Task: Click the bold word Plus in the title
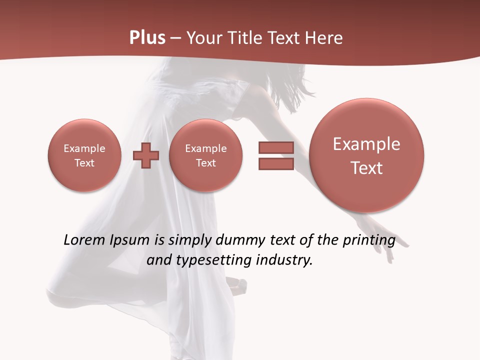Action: tap(147, 38)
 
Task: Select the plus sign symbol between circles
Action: tap(146, 155)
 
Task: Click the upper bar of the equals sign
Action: tap(276, 147)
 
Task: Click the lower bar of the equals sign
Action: tap(276, 163)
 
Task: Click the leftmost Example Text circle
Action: tap(84, 155)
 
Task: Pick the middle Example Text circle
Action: tap(205, 155)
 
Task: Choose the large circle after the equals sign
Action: tap(366, 155)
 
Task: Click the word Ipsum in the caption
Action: tap(130, 240)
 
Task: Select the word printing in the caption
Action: tap(368, 240)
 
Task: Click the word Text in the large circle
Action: tap(366, 168)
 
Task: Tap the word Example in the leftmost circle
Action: tap(84, 148)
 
